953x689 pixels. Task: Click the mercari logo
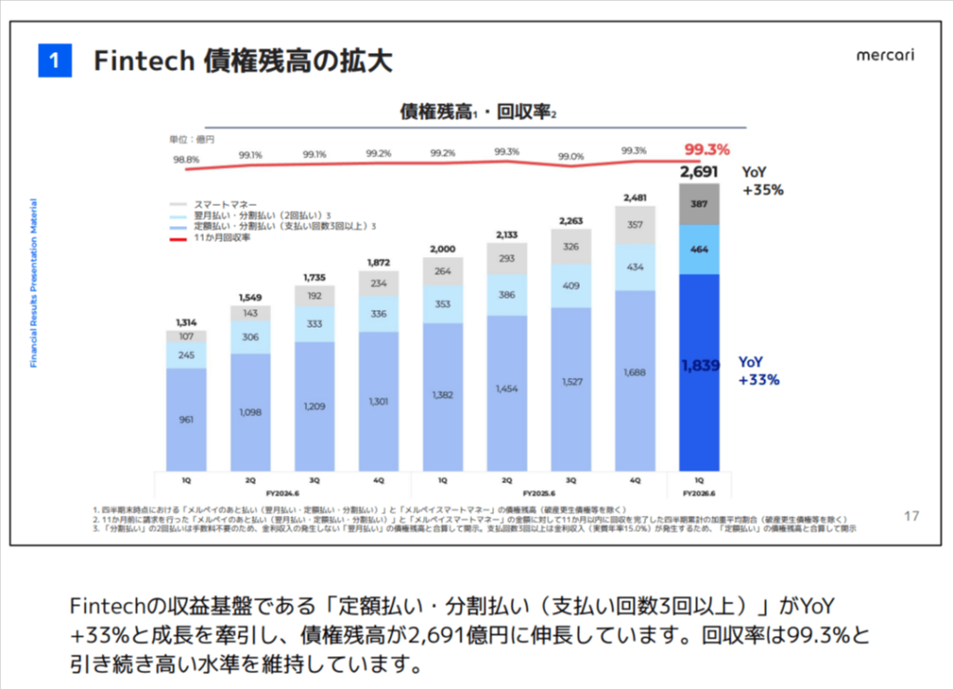tap(885, 55)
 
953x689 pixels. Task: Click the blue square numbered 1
tap(55, 61)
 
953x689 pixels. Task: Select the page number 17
tap(912, 515)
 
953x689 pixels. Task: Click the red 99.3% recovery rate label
tap(706, 149)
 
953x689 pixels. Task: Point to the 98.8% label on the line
tap(186, 159)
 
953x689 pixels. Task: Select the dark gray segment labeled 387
tap(700, 204)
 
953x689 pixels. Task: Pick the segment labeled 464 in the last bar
tap(700, 250)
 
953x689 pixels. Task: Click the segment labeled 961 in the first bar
tap(186, 420)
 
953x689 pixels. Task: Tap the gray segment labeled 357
tap(636, 224)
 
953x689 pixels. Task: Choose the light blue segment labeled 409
tap(571, 286)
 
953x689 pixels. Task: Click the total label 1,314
tap(186, 321)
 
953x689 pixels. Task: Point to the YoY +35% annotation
tap(762, 182)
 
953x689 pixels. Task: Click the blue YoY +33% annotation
tap(758, 371)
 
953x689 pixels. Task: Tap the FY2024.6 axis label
tap(282, 493)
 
